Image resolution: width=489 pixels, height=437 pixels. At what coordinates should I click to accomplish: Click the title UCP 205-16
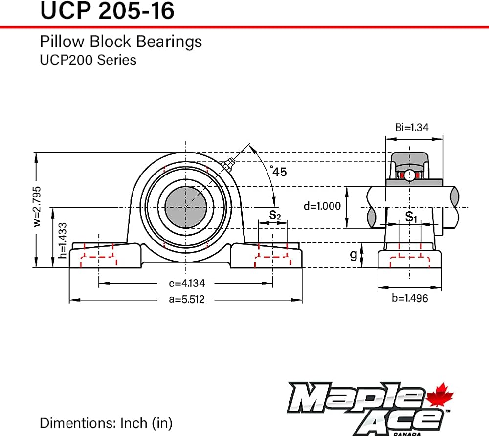(107, 11)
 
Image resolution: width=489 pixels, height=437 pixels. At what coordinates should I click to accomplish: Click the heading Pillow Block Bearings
(121, 42)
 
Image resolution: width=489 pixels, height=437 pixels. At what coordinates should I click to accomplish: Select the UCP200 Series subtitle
(88, 60)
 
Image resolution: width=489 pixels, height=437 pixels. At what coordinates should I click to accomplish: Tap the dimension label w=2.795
(37, 206)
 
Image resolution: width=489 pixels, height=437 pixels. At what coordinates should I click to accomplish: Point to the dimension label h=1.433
(63, 240)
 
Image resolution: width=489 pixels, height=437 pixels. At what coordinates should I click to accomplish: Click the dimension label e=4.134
(187, 283)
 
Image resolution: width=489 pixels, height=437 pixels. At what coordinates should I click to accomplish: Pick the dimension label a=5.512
(187, 299)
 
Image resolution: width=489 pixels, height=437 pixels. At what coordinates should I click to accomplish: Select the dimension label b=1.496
(410, 298)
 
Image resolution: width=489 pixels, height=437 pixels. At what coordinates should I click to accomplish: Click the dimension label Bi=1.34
(412, 127)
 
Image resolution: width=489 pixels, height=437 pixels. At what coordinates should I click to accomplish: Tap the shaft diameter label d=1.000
(322, 206)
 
